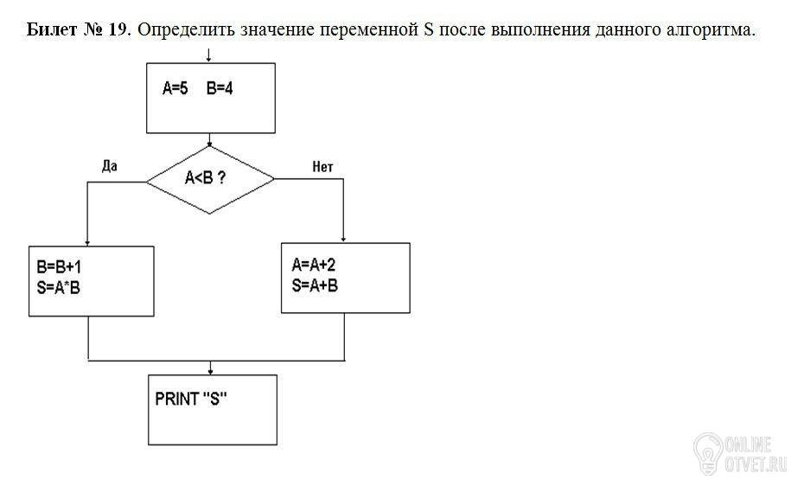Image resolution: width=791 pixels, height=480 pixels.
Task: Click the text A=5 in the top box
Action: point(175,89)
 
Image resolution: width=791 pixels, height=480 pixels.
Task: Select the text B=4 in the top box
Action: point(220,89)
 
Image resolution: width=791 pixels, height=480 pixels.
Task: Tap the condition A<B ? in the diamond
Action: point(206,177)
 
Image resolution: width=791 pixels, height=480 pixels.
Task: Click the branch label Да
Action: point(110,166)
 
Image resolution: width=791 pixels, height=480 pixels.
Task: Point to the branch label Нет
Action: point(322,167)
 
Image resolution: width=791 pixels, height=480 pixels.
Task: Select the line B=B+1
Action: point(59,266)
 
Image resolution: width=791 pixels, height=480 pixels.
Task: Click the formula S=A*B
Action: point(59,288)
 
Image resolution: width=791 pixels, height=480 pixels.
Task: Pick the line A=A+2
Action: point(313,264)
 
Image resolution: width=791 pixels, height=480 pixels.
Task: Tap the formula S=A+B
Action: point(315,285)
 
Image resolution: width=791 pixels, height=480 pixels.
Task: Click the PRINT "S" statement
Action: point(191,400)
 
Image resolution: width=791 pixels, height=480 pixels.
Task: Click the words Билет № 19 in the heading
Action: point(78,29)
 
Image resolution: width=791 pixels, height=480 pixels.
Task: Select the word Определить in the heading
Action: point(186,30)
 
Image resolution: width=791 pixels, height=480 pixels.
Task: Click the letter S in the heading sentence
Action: point(428,29)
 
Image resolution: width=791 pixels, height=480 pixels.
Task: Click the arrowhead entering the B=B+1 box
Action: point(88,243)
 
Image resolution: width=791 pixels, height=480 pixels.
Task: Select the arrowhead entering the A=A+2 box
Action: point(343,240)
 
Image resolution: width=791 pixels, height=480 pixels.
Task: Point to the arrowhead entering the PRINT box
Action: point(210,372)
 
